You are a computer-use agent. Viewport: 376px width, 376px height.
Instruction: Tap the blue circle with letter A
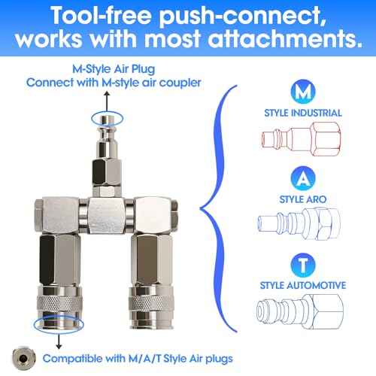click(x=302, y=180)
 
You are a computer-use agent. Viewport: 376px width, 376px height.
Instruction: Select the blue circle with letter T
click(x=302, y=264)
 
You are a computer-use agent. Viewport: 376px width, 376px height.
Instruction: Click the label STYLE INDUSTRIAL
click(x=302, y=114)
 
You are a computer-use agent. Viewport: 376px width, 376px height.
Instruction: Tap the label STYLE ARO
click(x=302, y=199)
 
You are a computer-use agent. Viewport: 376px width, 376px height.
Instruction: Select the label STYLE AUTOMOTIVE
click(x=302, y=286)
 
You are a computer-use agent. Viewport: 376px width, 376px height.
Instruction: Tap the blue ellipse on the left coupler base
click(x=58, y=323)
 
